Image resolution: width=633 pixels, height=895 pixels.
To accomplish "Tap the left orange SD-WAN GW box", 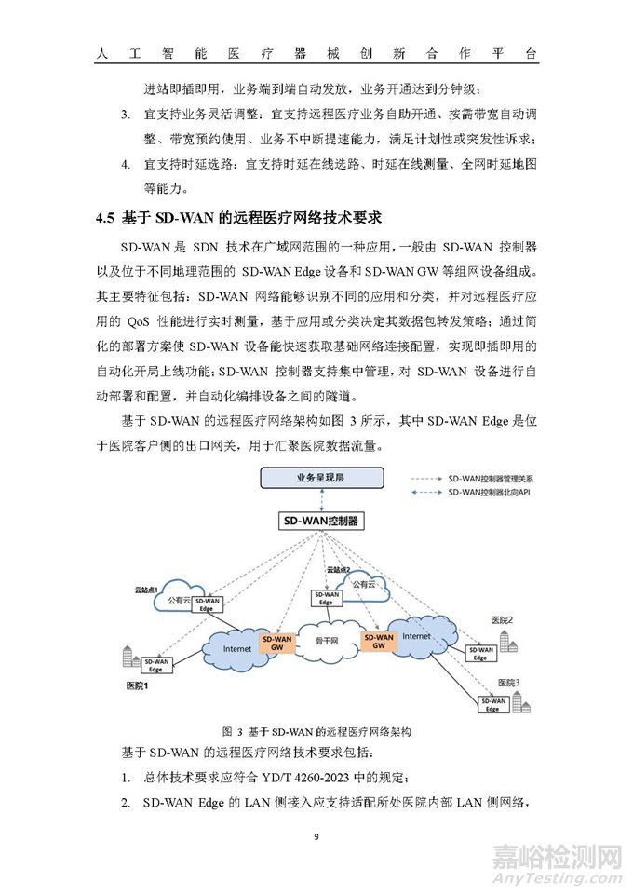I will [277, 643].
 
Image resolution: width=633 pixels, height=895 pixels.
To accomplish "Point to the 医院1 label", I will [138, 685].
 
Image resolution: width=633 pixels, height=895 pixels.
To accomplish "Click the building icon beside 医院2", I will [508, 642].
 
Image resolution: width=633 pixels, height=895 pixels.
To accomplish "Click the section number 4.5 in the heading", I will [104, 218].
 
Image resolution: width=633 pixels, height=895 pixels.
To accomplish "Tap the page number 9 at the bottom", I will [316, 836].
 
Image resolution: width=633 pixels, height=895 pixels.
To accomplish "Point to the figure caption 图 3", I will [232, 731].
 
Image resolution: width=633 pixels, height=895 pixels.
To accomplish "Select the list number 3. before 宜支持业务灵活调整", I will [126, 115].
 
